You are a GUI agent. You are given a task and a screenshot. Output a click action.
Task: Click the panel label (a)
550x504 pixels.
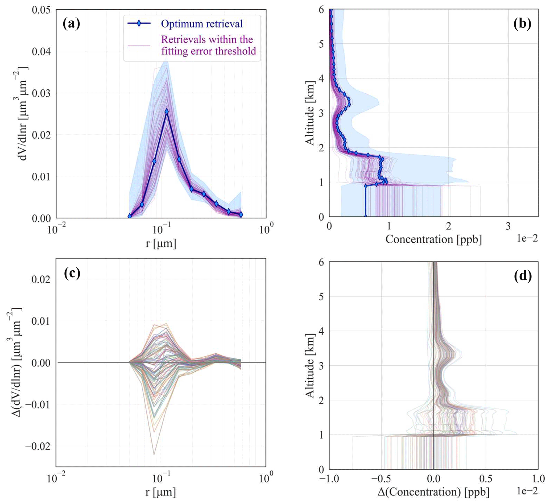click(72, 24)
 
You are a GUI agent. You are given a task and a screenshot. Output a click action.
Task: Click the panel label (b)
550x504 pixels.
click(522, 24)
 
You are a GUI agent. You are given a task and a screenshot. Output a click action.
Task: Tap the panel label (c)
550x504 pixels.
click(72, 274)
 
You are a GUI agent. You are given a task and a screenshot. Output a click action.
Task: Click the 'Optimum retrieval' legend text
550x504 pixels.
click(202, 24)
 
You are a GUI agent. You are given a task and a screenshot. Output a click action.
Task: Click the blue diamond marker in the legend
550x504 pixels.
click(139, 23)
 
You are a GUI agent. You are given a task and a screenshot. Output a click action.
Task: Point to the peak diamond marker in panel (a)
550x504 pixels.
click(167, 111)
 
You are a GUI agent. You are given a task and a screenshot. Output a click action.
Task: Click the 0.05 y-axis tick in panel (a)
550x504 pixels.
click(41, 10)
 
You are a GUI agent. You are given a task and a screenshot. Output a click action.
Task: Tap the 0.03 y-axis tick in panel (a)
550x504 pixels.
click(41, 93)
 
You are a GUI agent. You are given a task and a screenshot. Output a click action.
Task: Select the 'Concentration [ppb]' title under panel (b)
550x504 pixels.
click(433, 239)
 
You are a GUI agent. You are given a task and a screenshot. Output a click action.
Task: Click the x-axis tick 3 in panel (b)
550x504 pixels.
click(508, 226)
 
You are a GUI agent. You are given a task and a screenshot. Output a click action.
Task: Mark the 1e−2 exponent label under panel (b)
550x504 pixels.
click(527, 238)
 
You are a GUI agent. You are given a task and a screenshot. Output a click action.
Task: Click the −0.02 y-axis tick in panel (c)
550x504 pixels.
click(38, 447)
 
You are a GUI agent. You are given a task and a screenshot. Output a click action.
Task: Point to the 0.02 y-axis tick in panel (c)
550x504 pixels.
click(41, 279)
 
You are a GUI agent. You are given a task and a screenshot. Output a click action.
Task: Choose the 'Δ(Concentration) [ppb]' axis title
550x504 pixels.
click(433, 492)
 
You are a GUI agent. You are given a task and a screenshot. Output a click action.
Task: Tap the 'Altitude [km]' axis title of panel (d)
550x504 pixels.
click(310, 366)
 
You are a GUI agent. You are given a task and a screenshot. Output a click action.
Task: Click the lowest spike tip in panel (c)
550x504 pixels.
click(154, 455)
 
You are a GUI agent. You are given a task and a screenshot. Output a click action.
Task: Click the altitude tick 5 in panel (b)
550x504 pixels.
click(321, 44)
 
